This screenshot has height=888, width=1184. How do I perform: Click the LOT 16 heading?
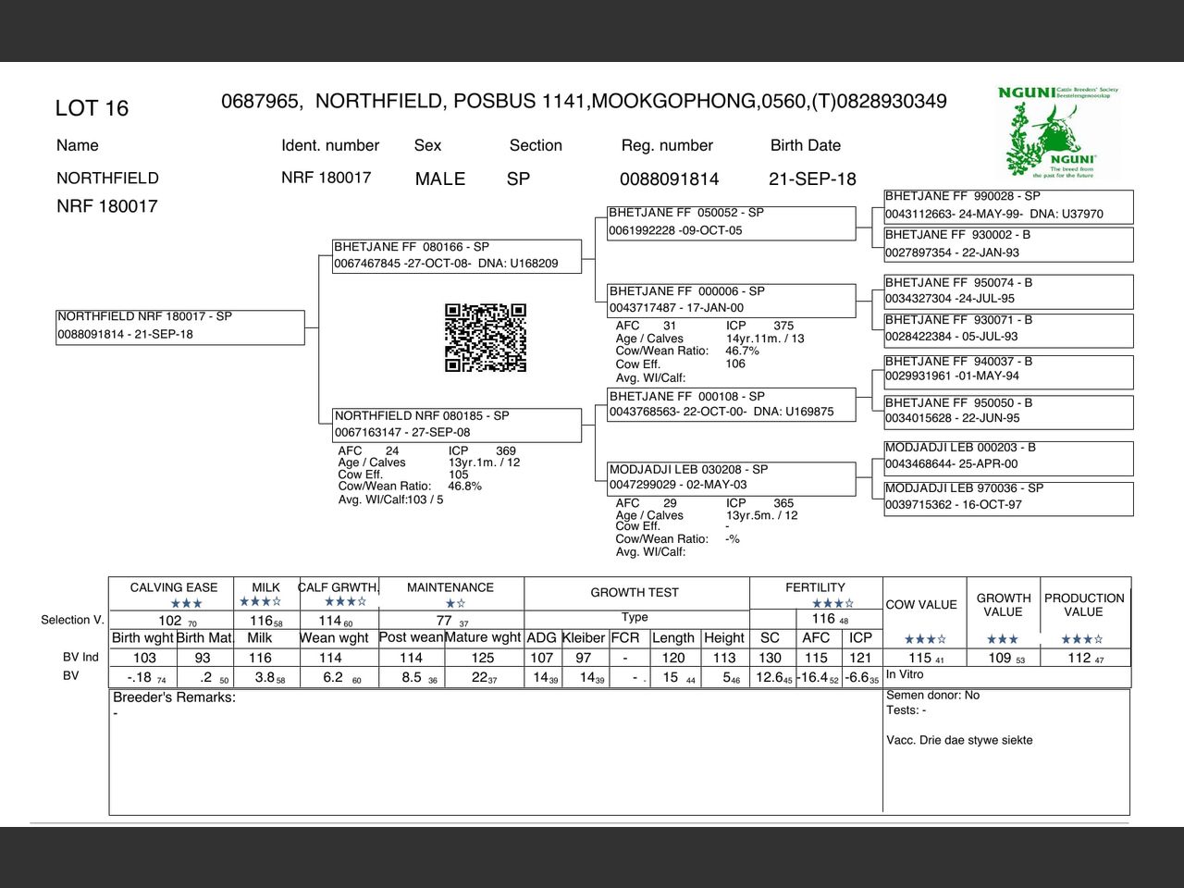pyautogui.click(x=92, y=108)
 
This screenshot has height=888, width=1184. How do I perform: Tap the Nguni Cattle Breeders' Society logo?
pyautogui.click(x=1058, y=131)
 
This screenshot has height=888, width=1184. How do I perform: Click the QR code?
pyautogui.click(x=486, y=338)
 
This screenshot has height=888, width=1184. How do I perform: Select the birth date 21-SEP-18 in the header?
pyautogui.click(x=812, y=179)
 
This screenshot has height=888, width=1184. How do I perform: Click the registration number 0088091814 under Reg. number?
pyautogui.click(x=669, y=179)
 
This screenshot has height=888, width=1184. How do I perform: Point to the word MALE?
pyautogui.click(x=440, y=179)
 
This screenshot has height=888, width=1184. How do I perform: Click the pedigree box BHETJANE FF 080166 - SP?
pyautogui.click(x=457, y=255)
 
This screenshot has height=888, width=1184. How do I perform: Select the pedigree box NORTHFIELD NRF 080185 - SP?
pyautogui.click(x=457, y=424)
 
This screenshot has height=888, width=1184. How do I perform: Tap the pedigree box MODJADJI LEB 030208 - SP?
pyautogui.click(x=731, y=477)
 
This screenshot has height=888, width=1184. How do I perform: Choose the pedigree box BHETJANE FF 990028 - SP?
pyautogui.click(x=1008, y=205)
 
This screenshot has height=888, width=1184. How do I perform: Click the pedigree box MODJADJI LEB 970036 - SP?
pyautogui.click(x=1008, y=497)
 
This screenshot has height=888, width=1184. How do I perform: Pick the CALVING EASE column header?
pyautogui.click(x=174, y=587)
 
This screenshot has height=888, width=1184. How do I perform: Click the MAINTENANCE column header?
pyautogui.click(x=450, y=587)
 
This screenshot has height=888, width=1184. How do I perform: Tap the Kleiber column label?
pyautogui.click(x=584, y=638)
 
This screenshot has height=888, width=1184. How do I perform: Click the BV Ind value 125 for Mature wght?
pyautogui.click(x=483, y=658)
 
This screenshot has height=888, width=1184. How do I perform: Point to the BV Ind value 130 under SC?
pyautogui.click(x=770, y=658)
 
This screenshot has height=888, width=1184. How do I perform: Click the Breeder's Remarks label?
pyautogui.click(x=174, y=697)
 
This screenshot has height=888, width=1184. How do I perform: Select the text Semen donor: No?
pyautogui.click(x=932, y=696)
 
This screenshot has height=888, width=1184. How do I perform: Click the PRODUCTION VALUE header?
pyautogui.click(x=1084, y=605)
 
